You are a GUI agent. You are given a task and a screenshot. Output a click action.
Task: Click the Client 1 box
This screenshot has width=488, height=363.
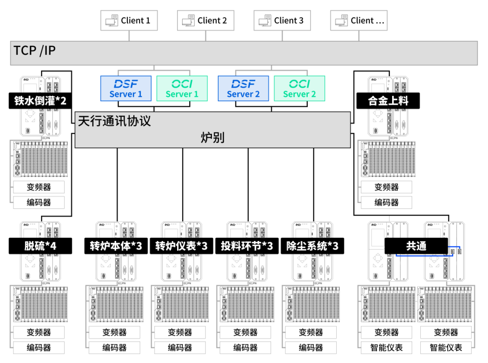pyautogui.click(x=129, y=20)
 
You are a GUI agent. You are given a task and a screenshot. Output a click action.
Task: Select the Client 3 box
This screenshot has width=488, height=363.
pyautogui.click(x=282, y=20)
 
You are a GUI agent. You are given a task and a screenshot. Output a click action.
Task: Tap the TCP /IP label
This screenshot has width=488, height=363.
pyautogui.click(x=35, y=50)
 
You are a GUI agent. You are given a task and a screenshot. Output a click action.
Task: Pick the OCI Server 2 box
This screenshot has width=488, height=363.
pyautogui.click(x=300, y=88)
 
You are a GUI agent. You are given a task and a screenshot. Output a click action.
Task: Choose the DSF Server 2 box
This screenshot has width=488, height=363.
pyautogui.click(x=243, y=88)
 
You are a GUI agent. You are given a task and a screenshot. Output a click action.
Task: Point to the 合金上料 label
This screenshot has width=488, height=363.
pyautogui.click(x=388, y=101)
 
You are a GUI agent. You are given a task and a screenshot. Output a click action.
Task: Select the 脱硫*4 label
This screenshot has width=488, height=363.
pyautogui.click(x=40, y=246)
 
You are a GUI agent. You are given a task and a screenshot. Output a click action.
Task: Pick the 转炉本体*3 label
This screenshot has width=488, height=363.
pyautogui.click(x=116, y=246)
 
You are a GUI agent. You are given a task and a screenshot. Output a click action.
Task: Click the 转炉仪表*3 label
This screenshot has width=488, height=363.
pyautogui.click(x=181, y=246)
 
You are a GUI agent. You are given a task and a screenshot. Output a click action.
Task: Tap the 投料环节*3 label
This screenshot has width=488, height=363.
pyautogui.click(x=247, y=246)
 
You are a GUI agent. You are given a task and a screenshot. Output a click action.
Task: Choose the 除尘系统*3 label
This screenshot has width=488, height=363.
pyautogui.click(x=312, y=246)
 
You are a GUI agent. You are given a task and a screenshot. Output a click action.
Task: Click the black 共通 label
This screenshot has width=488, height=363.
pyautogui.click(x=416, y=246)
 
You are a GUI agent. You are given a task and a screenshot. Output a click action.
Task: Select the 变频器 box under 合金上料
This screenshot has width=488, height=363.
pyautogui.click(x=386, y=187)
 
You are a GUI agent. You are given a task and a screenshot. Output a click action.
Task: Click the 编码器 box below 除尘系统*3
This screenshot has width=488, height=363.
pyautogui.click(x=310, y=348)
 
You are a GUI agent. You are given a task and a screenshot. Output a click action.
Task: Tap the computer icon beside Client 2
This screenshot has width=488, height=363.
pyautogui.click(x=188, y=21)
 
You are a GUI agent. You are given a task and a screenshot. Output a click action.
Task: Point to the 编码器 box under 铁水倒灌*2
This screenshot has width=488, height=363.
pyautogui.click(x=39, y=203)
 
